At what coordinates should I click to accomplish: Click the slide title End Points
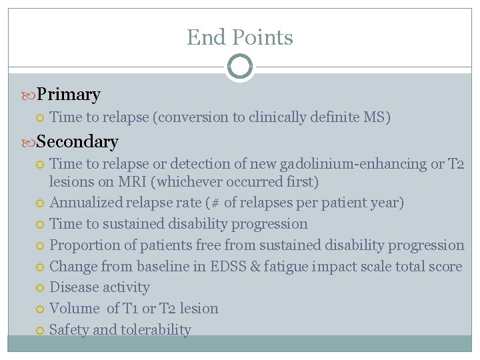click(239, 37)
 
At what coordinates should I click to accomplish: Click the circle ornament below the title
click(239, 67)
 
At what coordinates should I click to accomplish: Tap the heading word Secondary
click(77, 141)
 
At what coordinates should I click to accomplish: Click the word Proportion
click(85, 245)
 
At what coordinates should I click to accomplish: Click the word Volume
click(75, 308)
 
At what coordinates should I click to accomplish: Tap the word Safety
click(70, 329)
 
